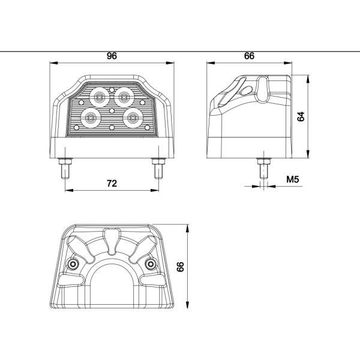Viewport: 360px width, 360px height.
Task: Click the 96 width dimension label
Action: pyautogui.click(x=112, y=56)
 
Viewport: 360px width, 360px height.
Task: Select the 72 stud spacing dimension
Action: pyautogui.click(x=112, y=184)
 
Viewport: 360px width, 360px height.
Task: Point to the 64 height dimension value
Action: pyautogui.click(x=302, y=116)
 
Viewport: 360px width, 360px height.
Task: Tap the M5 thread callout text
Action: pyautogui.click(x=293, y=179)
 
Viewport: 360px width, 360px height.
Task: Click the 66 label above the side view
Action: pyautogui.click(x=250, y=56)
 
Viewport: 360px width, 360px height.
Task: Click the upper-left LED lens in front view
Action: pyautogui.click(x=98, y=95)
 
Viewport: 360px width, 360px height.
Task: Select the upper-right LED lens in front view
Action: pyautogui.click(x=124, y=94)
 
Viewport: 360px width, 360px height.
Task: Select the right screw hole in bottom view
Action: pyautogui.click(x=149, y=265)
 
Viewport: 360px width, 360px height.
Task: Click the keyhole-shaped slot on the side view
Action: pyautogui.click(x=262, y=88)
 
